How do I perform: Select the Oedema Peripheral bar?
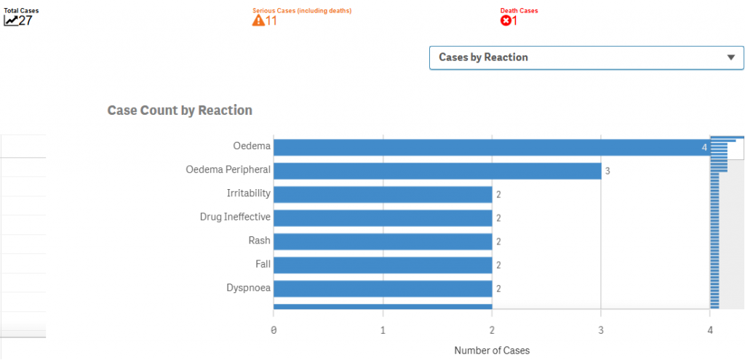click(437, 171)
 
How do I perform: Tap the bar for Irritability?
click(383, 194)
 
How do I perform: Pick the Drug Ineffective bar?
click(383, 217)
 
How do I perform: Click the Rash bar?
click(383, 241)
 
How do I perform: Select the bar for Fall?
click(383, 265)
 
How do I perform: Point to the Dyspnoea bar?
click(383, 289)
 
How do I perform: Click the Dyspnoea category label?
click(248, 288)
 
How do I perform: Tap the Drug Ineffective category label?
click(235, 217)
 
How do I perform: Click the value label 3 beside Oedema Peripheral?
click(607, 172)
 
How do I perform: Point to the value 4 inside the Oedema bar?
click(704, 148)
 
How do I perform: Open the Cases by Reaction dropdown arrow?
click(730, 57)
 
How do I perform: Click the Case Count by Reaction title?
click(180, 111)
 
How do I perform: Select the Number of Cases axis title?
click(492, 351)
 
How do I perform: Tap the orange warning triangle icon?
click(258, 20)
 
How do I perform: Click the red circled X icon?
click(506, 20)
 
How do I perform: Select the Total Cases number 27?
click(25, 20)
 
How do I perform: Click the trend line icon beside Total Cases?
click(11, 20)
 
